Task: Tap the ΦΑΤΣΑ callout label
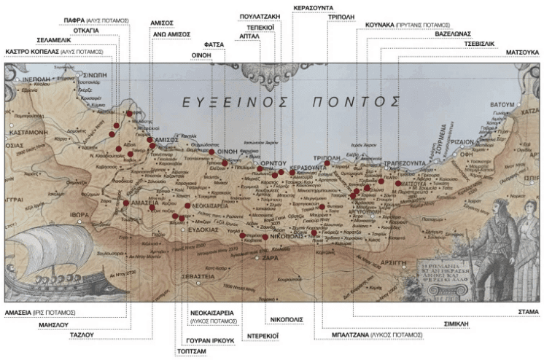[x=214, y=44]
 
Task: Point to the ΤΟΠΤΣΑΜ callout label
[x=191, y=350]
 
